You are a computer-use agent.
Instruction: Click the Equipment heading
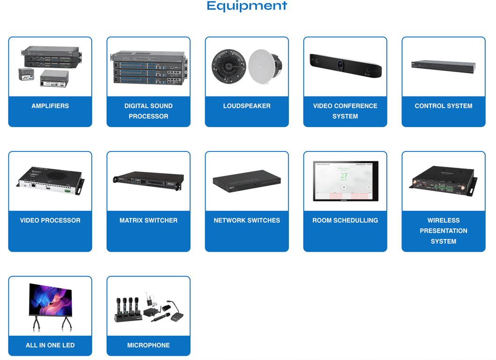pos(246,6)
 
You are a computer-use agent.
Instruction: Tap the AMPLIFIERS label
pos(50,106)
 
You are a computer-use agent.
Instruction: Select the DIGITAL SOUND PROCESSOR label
pos(148,111)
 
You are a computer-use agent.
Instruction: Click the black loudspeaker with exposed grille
pos(228,67)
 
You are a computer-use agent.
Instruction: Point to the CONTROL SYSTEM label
pos(443,106)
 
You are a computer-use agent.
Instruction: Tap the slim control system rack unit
pos(443,67)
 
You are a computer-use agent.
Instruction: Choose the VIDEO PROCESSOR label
pos(50,220)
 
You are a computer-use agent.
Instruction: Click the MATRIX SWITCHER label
pos(148,220)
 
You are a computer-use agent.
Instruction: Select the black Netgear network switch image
pos(246,181)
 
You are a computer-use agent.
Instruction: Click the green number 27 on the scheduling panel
pos(344,176)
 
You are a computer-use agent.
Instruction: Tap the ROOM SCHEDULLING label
pos(345,220)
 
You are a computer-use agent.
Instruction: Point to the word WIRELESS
pos(443,220)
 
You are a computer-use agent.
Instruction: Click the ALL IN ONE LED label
pos(50,345)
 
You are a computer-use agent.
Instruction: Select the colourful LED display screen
pos(51,300)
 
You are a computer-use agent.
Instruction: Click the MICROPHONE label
pos(148,345)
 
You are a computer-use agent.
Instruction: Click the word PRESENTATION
pos(443,231)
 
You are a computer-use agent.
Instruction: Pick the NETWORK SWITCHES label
pos(247,220)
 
